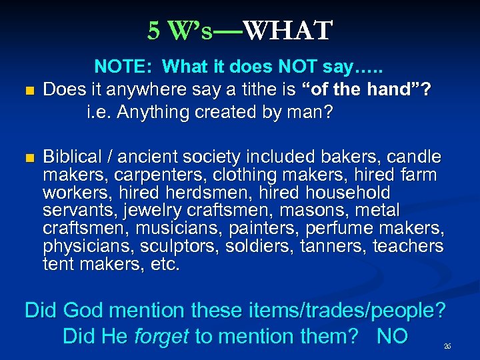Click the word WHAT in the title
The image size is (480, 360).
(x=287, y=30)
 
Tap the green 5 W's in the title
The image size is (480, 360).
(x=180, y=30)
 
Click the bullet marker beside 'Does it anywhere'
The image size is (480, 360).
(x=27, y=91)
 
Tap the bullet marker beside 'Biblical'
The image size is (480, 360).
(x=27, y=158)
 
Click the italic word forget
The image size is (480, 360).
(x=162, y=335)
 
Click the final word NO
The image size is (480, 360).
(x=392, y=335)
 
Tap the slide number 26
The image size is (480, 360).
(x=447, y=347)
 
